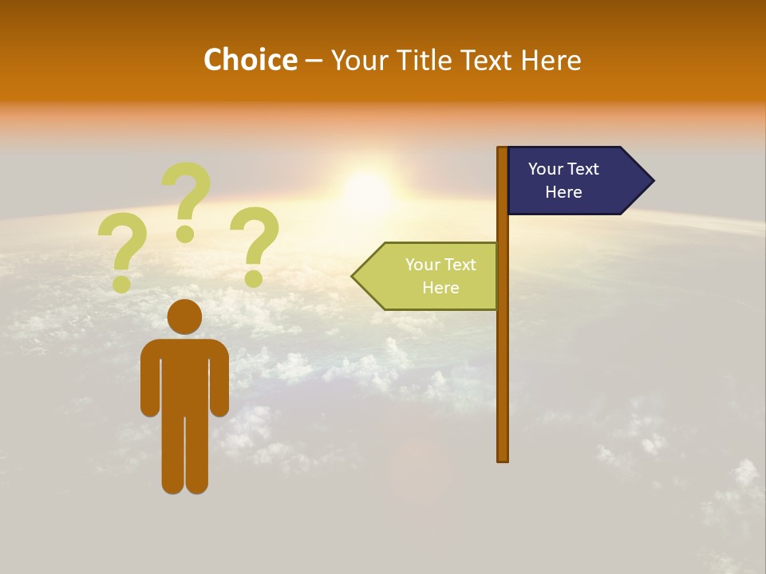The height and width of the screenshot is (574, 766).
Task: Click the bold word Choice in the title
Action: pos(250,60)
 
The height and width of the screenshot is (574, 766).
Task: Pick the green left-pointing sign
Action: pos(431,276)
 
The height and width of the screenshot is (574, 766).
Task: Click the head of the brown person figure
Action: pos(184,316)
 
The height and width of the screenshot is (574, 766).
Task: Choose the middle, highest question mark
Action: pos(187,199)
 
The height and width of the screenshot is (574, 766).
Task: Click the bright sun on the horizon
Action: pos(368,191)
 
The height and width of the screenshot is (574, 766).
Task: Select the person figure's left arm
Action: pos(149,379)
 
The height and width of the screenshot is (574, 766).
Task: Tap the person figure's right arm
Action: pos(219,379)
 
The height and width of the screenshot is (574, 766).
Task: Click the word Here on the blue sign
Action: pos(563,192)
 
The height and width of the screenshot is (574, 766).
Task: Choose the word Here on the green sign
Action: pos(440,288)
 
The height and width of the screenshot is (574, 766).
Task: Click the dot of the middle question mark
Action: pos(185,234)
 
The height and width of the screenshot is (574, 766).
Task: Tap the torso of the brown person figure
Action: pos(184,375)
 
